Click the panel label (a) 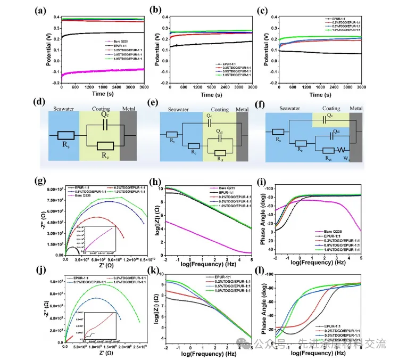(43, 10)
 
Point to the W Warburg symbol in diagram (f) (344, 150)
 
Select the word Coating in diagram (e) (219, 110)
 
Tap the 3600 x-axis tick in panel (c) (360, 87)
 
